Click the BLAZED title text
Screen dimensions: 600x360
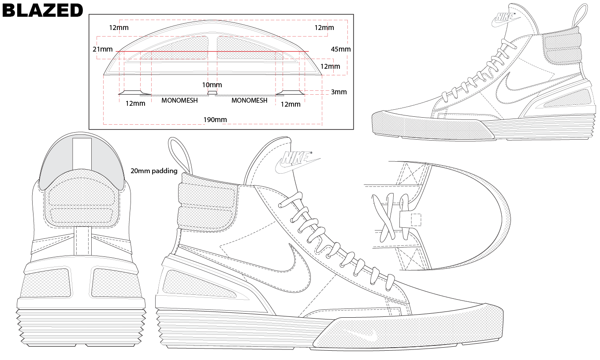(42, 11)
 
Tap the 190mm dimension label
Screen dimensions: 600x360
(215, 120)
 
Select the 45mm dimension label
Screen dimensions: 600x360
(340, 49)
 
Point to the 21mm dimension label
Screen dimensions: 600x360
(103, 49)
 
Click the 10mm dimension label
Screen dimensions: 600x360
(212, 85)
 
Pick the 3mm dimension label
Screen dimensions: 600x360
(339, 92)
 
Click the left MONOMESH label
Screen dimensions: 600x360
(179, 100)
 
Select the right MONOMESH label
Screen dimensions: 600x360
(250, 100)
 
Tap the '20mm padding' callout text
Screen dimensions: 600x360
(154, 171)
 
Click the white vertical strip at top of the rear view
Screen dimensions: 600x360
(82, 154)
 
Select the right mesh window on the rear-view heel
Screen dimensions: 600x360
(116, 283)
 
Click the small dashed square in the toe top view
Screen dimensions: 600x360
(416, 220)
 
